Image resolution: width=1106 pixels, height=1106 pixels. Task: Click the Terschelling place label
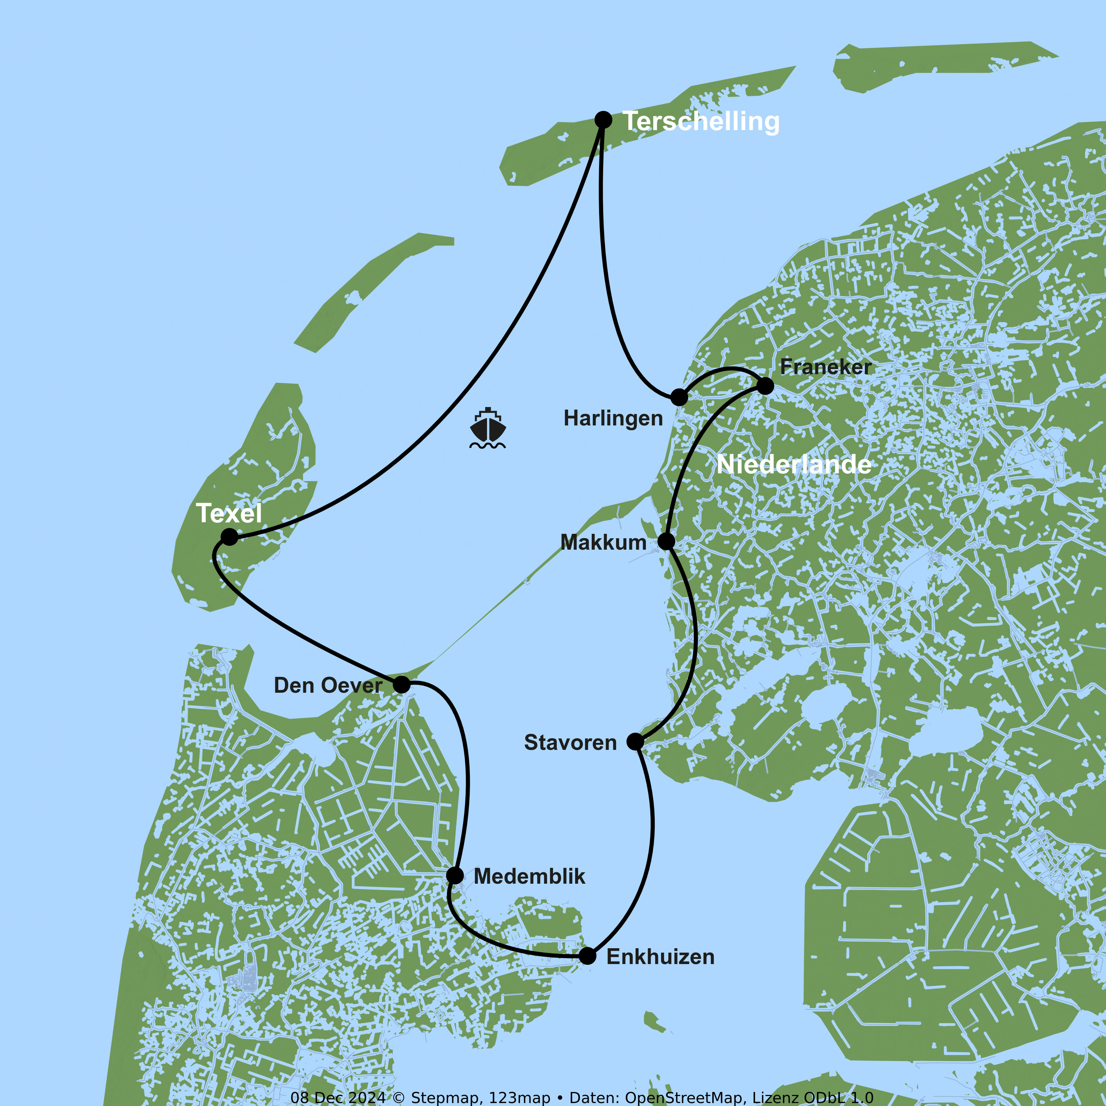(x=701, y=121)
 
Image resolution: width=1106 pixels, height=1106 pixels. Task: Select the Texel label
(x=229, y=513)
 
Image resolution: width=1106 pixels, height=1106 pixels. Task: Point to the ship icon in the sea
(x=488, y=428)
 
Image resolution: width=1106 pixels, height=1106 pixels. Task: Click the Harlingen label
(x=613, y=418)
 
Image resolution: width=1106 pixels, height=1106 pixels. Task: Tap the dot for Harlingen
(x=679, y=397)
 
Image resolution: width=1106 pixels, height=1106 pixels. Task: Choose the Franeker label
(x=825, y=367)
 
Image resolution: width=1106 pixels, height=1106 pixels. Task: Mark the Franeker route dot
(x=765, y=386)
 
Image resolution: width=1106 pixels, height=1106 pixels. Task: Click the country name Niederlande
(x=794, y=464)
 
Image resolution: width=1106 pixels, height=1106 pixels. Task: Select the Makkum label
(x=604, y=542)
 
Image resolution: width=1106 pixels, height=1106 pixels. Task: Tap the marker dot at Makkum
(x=666, y=541)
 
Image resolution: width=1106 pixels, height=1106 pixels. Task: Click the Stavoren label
(x=570, y=742)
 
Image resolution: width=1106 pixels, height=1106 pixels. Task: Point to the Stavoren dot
(x=635, y=741)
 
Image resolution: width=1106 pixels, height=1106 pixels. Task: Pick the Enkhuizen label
(x=660, y=957)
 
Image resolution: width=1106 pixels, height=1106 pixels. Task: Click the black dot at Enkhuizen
(x=587, y=956)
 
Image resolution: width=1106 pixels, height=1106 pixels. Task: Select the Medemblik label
(x=529, y=876)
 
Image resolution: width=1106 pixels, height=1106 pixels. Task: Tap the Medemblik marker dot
(x=455, y=875)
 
